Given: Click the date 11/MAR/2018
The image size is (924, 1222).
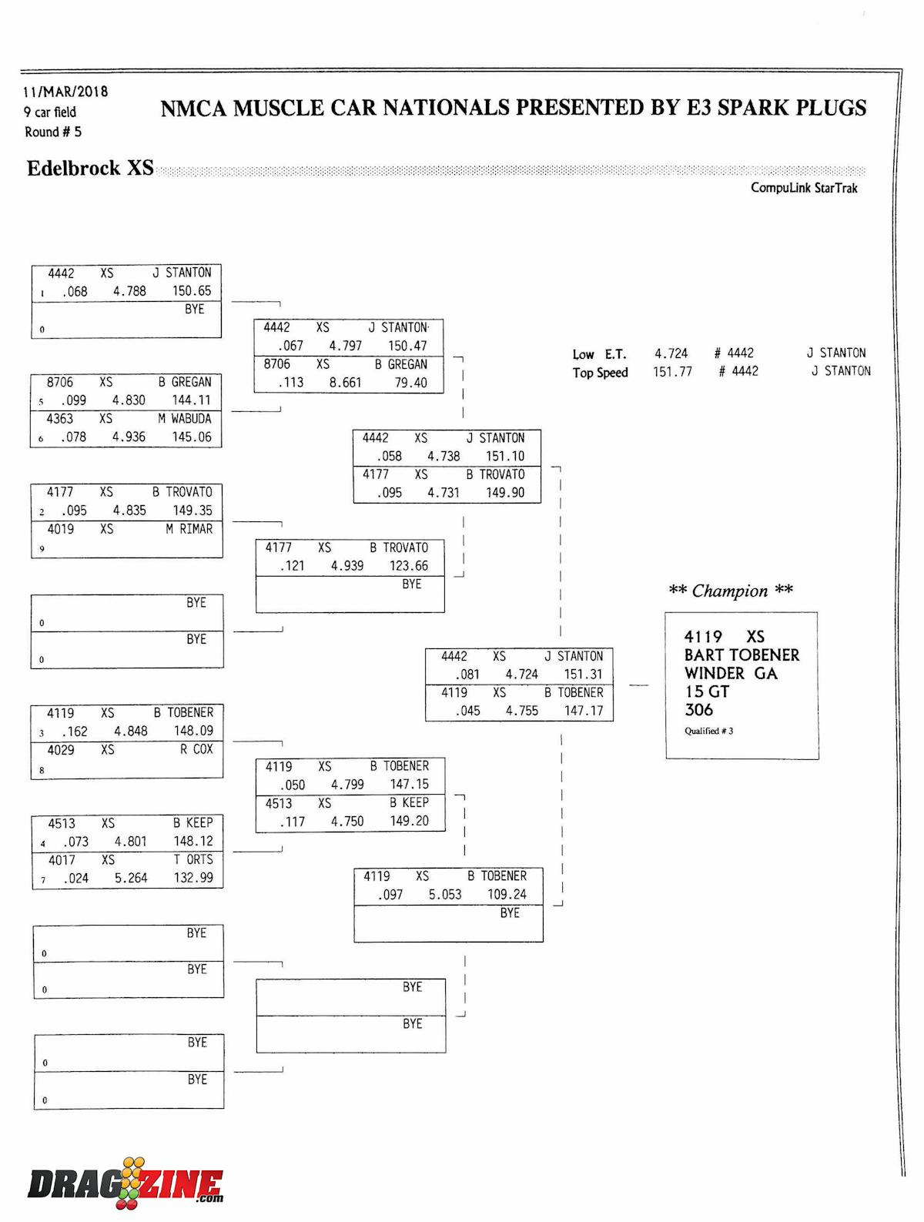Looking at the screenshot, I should point(65,92).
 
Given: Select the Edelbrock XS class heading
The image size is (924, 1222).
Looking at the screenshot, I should point(90,169).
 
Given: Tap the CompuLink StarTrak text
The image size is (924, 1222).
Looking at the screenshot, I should point(804,188).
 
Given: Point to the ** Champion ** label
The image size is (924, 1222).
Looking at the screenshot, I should point(730,591).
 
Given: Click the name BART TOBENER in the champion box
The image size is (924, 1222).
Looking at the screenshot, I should point(742,655).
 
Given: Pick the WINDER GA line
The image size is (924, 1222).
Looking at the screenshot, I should point(731,674).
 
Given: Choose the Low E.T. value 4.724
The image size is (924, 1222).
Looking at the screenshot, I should point(671,353).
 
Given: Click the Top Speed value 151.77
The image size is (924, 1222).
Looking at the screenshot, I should point(672,371).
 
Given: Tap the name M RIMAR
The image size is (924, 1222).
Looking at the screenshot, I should point(189,529).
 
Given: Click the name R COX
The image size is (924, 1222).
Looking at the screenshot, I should point(196,749).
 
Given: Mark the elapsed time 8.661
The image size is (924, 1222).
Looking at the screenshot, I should point(345,383).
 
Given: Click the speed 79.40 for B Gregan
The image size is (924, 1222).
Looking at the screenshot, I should point(410,383).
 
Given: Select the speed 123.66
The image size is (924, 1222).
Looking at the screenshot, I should point(408,566).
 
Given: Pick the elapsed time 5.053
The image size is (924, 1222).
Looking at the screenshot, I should point(445,895).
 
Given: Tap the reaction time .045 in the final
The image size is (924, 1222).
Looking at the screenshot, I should point(467,711).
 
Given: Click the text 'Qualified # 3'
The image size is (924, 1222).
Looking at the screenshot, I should point(708,731).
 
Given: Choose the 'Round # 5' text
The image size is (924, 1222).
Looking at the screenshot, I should point(53,132).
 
